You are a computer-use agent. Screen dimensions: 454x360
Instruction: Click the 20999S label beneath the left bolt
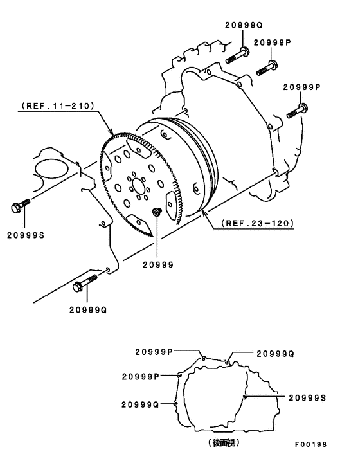point(26,235)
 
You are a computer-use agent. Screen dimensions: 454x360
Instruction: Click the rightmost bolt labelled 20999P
point(296,111)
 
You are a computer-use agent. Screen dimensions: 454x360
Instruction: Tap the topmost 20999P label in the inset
point(154,351)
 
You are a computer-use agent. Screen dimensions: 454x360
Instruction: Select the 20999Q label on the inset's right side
point(275,353)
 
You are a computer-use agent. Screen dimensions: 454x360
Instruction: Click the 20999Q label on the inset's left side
point(139,404)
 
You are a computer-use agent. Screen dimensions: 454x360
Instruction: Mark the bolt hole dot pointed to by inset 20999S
point(245,397)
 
